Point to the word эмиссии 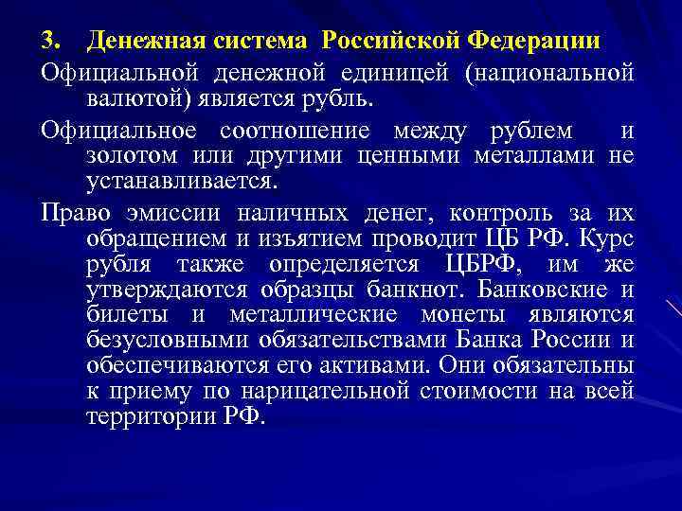point(162,213)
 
